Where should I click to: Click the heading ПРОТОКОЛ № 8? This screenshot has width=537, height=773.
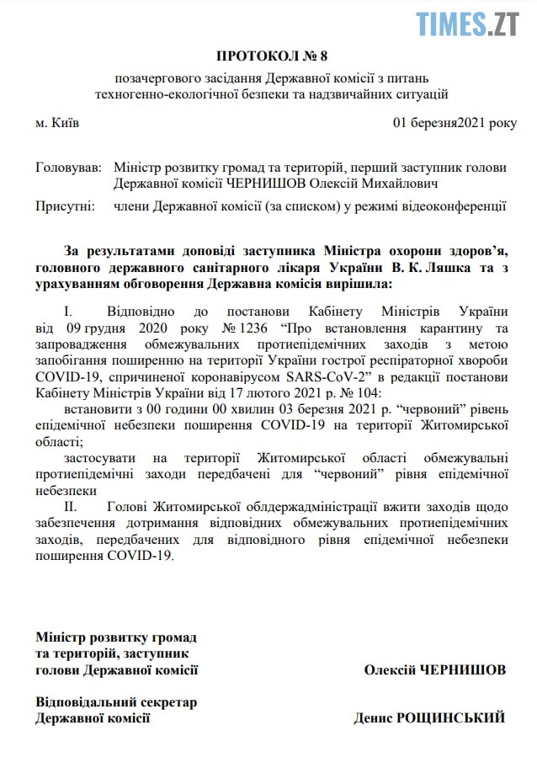(271, 56)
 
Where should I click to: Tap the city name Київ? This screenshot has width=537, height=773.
(58, 123)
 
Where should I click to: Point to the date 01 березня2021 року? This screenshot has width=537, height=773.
(455, 123)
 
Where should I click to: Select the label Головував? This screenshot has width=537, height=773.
(68, 167)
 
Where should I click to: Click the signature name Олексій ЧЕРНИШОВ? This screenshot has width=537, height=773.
(434, 670)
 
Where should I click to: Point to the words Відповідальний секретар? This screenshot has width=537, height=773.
(115, 701)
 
